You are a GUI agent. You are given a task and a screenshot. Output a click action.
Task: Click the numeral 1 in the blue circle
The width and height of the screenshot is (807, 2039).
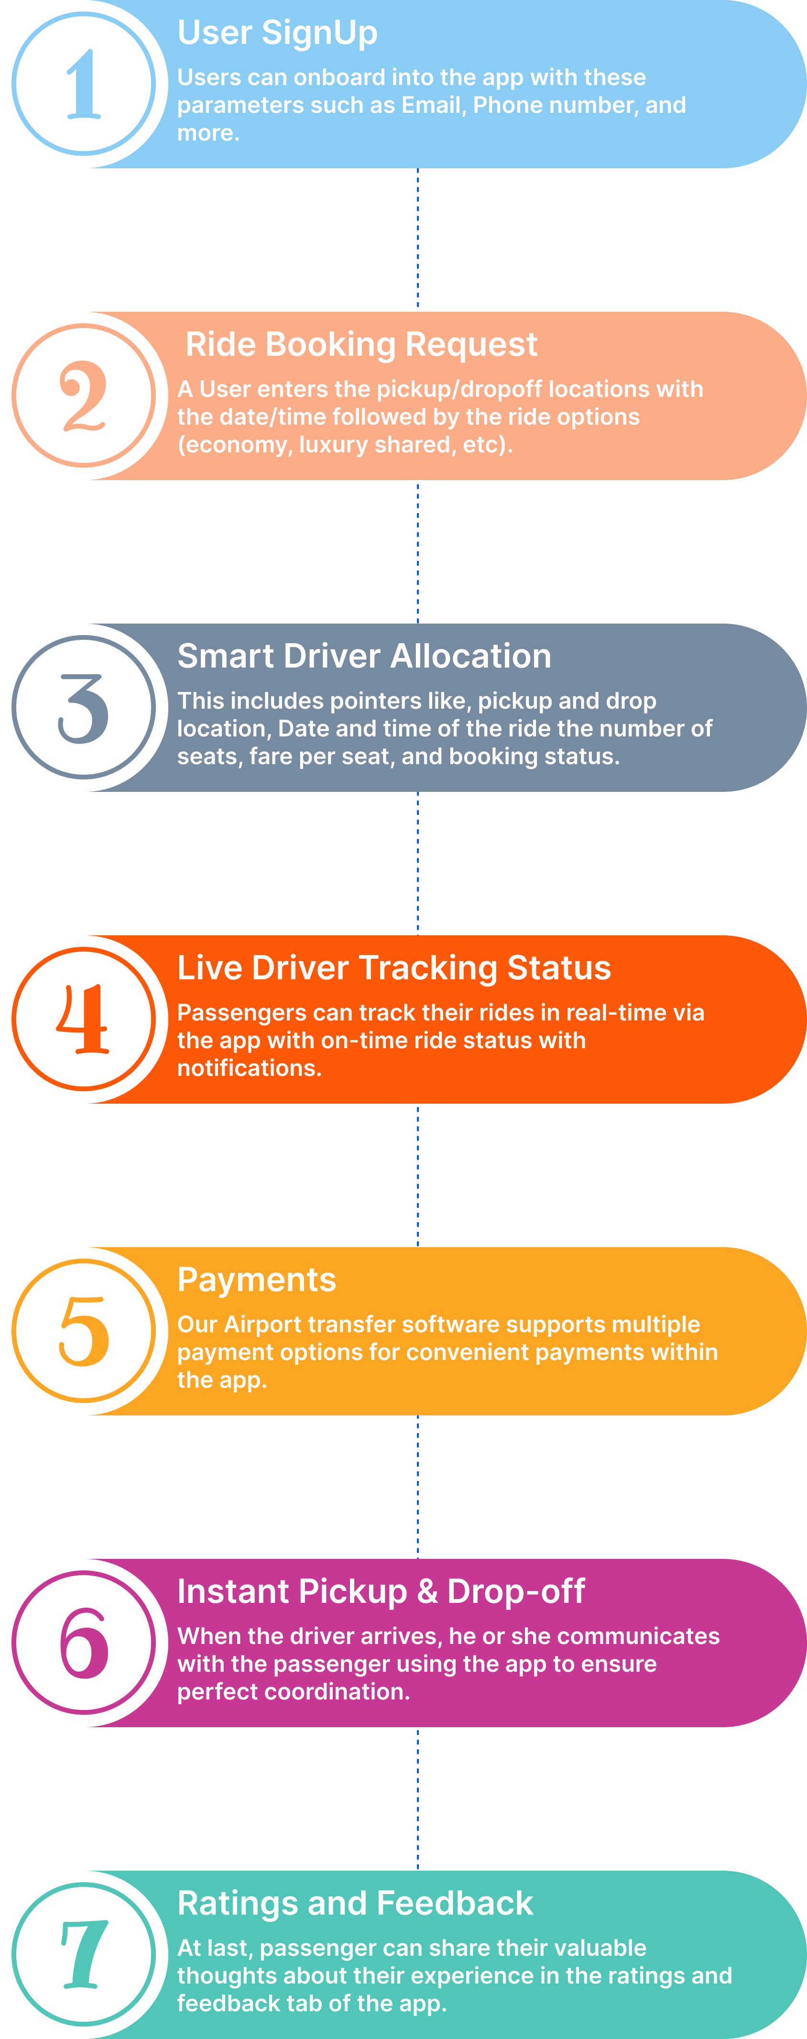pos(84,84)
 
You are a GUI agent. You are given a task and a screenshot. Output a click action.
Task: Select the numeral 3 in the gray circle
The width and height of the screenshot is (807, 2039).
pos(83,708)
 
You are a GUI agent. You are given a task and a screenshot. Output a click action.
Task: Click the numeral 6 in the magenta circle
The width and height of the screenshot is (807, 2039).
pos(84,1643)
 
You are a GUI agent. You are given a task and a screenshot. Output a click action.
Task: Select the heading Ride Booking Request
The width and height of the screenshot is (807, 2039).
pos(361,344)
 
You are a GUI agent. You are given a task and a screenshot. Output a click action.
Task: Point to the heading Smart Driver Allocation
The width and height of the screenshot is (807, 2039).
pos(364,656)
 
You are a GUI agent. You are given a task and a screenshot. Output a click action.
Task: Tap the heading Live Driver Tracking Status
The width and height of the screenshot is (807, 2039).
pos(394,968)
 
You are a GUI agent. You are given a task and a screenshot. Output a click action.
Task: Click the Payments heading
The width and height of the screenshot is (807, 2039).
pos(256,1280)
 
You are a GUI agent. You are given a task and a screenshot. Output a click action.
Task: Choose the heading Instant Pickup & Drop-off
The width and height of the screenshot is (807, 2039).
pos(381,1592)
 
